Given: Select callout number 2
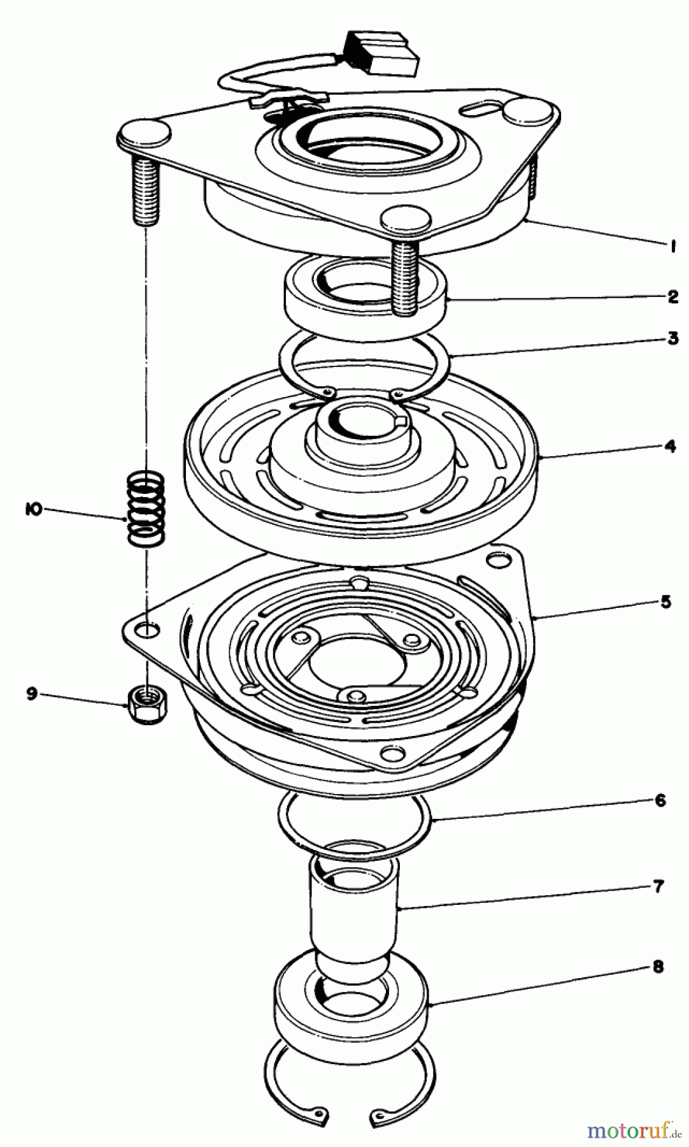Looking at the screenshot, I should pos(673,297).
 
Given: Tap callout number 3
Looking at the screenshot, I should pos(673,338).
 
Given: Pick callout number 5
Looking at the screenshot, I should pos(665,602).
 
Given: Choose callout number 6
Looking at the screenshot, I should pos(660,801).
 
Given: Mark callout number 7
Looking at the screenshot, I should pos(658,886).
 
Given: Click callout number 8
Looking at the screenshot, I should pos(658,967).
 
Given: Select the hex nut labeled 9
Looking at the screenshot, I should pos(146,705).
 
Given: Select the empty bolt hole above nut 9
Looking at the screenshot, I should pos(148,631).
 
